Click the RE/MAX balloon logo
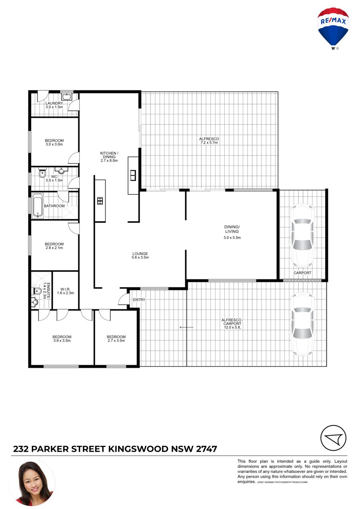tap(333, 29)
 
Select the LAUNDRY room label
tap(54, 104)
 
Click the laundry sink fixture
tap(67, 97)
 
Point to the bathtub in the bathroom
tap(38, 205)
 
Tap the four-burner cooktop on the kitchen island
tap(100, 201)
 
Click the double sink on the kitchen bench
tap(133, 176)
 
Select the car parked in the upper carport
tap(302, 236)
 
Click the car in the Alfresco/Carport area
tap(302, 324)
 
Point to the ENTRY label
tap(139, 300)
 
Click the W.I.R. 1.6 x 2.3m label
tap(66, 291)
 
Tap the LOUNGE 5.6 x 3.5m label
tap(140, 255)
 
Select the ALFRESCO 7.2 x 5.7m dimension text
tap(209, 143)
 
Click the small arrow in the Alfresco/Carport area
tap(186, 327)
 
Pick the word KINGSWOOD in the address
tap(138, 449)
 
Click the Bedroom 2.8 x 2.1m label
tap(54, 246)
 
